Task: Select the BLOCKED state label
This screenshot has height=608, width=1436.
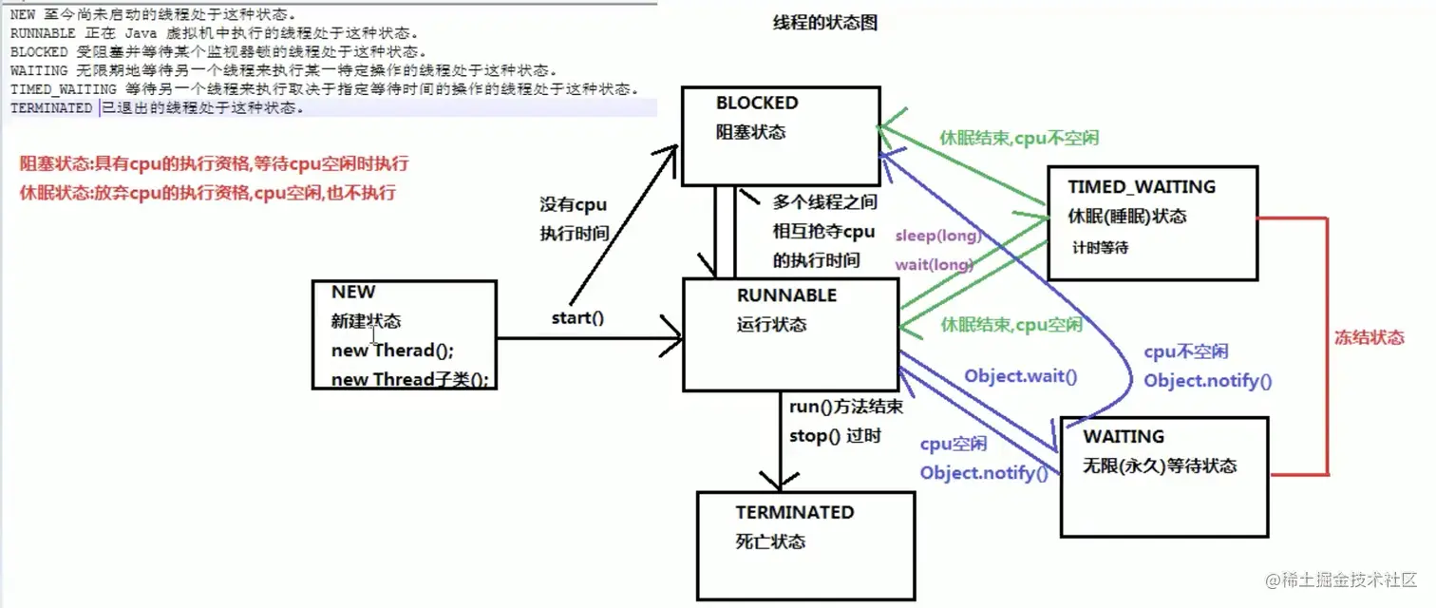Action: [757, 103]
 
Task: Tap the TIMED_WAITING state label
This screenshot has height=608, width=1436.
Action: [1141, 187]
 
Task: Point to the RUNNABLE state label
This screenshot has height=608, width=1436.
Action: [786, 295]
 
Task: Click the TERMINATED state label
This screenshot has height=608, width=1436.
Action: [794, 512]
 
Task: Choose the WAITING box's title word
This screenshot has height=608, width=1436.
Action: [1124, 436]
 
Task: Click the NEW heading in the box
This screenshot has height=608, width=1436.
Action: [353, 292]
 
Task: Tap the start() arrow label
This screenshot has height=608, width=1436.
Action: [577, 317]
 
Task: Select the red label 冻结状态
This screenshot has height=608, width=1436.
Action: [1368, 337]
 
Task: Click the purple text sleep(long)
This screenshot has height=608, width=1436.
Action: [937, 236]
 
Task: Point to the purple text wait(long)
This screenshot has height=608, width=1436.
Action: [934, 265]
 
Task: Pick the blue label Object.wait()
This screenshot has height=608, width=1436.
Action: [1021, 375]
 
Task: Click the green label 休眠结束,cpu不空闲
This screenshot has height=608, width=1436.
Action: [1018, 138]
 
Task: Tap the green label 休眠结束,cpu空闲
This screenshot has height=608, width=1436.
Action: [1011, 325]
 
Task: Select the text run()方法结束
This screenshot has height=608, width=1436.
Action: [845, 407]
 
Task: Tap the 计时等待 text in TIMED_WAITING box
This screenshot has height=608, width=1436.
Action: [1102, 247]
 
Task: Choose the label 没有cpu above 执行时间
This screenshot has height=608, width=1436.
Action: [573, 204]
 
